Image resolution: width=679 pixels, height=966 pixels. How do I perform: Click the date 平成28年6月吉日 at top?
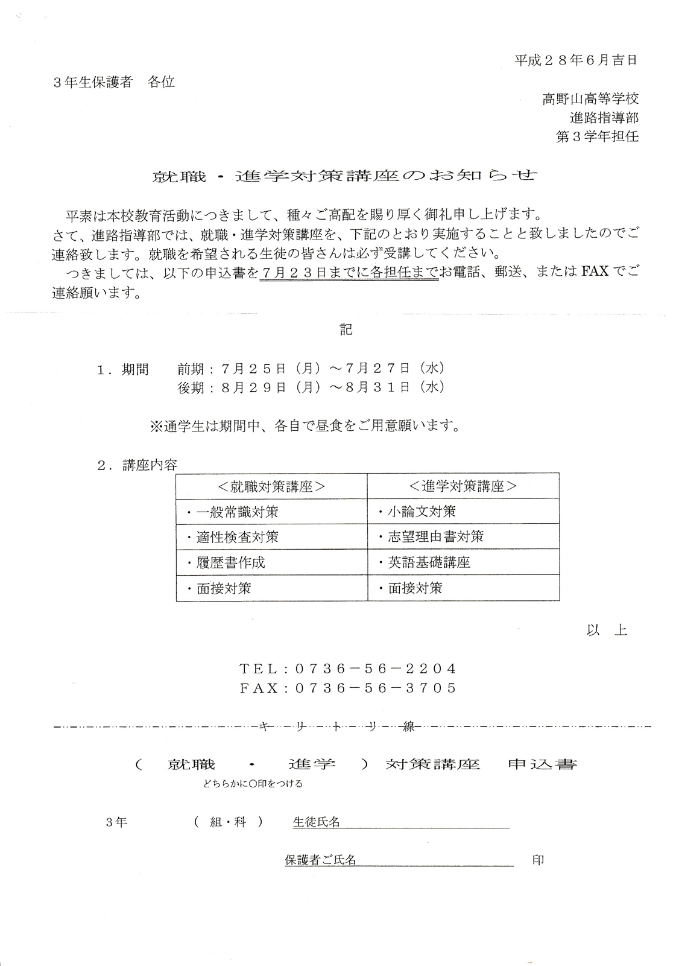pos(575,60)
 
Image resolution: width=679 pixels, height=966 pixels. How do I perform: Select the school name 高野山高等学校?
pos(590,98)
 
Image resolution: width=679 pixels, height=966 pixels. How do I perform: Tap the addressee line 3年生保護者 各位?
pos(114,82)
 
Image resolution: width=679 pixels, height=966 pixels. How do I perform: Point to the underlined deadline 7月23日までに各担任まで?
pos(349,273)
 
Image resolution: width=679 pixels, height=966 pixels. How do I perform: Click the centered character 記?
pos(346,329)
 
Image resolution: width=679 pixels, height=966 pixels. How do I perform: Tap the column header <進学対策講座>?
pos(463,486)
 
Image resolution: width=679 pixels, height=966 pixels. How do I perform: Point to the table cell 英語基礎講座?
pos(428,562)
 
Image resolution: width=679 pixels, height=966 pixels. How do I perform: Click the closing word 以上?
pos(606,630)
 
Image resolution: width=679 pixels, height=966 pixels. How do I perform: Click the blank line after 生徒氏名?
pos(425,824)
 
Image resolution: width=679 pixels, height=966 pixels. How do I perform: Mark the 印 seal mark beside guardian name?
pos(538,860)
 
